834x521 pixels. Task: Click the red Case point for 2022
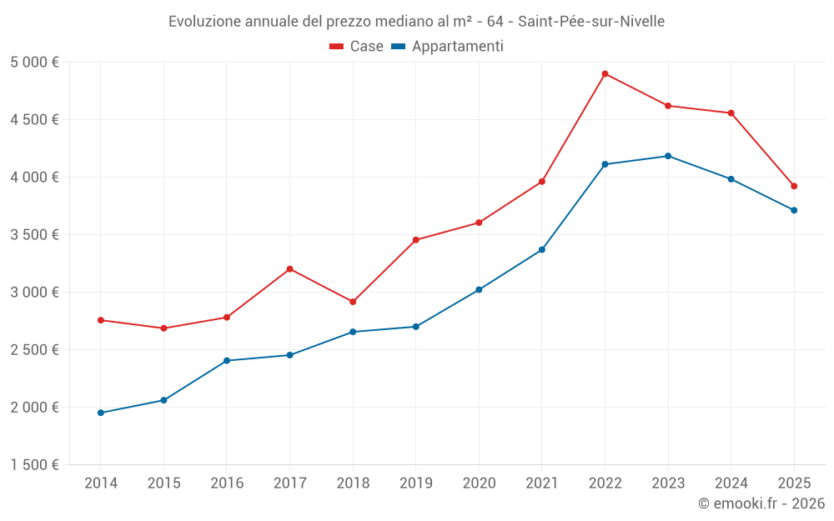[605, 74]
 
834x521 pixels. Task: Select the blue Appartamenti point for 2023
[668, 156]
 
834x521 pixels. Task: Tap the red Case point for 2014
[101, 320]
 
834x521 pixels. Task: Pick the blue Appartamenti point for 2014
[101, 413]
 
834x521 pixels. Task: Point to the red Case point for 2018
[353, 302]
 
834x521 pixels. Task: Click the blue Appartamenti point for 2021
[542, 250]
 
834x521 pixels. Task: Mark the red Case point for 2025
[794, 186]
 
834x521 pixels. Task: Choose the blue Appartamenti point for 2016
[227, 361]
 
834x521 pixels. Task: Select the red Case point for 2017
[289, 269]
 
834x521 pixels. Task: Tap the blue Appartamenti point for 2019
[415, 327]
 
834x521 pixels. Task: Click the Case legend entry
[357, 47]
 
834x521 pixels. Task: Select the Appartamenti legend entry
[448, 47]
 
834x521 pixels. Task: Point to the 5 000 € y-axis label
[34, 63]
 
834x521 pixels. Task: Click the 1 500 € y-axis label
[34, 465]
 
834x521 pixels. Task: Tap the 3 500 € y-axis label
[34, 235]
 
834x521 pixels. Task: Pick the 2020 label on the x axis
[479, 483]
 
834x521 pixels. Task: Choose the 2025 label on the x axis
[794, 483]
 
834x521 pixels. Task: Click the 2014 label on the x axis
[101, 483]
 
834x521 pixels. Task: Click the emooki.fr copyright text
[761, 503]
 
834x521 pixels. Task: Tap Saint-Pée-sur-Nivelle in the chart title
[591, 22]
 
